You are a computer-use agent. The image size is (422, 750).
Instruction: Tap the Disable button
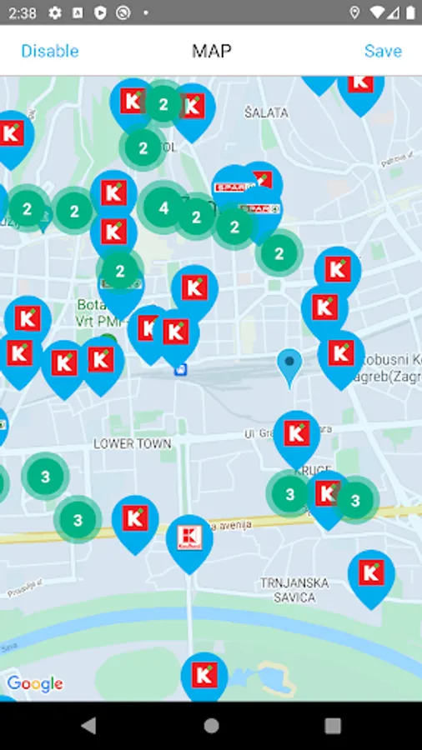click(x=50, y=51)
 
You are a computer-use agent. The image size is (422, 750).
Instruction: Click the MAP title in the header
click(x=211, y=51)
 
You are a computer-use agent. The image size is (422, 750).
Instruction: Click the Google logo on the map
click(x=35, y=684)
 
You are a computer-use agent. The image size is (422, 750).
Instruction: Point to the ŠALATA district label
click(x=266, y=112)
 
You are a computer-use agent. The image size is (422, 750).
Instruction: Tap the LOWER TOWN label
click(x=132, y=444)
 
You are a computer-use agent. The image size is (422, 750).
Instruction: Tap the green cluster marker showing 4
click(x=164, y=207)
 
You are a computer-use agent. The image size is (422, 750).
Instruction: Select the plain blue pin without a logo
click(x=289, y=364)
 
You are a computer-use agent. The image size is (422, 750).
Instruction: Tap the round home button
click(x=211, y=725)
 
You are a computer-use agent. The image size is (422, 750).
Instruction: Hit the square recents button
click(x=333, y=725)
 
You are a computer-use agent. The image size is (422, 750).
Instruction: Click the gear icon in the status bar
click(x=55, y=13)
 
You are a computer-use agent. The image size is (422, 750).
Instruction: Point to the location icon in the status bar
click(x=355, y=13)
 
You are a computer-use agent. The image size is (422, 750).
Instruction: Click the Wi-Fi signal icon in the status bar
click(x=378, y=13)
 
